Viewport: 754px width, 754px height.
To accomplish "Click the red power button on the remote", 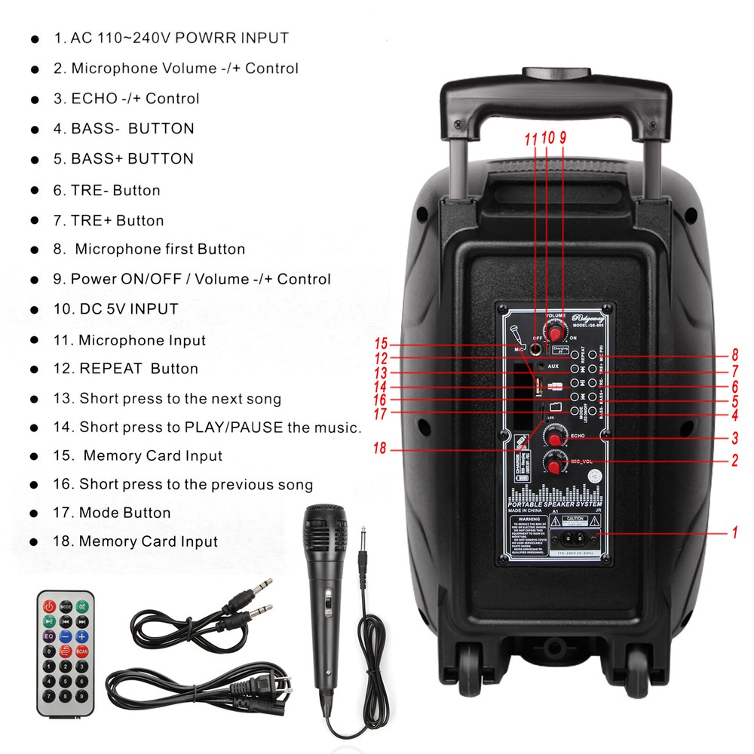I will tap(49, 605).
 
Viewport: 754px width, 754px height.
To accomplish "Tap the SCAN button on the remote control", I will tap(81, 651).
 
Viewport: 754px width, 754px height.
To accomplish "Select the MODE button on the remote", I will tap(66, 605).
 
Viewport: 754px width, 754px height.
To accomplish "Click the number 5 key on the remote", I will tap(66, 682).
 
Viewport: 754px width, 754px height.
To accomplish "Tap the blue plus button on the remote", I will tap(81, 636).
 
